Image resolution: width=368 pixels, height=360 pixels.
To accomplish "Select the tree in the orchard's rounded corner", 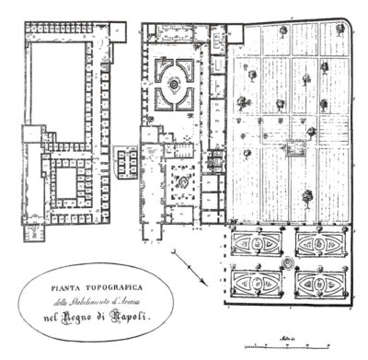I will click(x=343, y=29).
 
